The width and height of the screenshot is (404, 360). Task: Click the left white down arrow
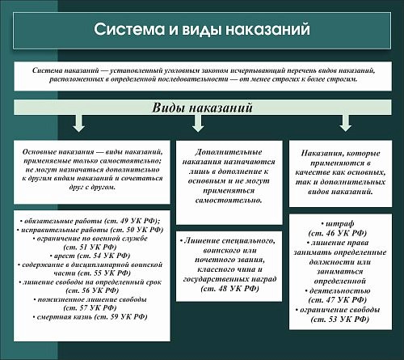click(x=78, y=122)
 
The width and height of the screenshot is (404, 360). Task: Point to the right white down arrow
click(x=345, y=122)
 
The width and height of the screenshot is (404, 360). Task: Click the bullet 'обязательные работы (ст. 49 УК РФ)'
click(x=89, y=220)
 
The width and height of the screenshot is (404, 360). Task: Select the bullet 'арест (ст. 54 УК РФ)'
click(x=89, y=255)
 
